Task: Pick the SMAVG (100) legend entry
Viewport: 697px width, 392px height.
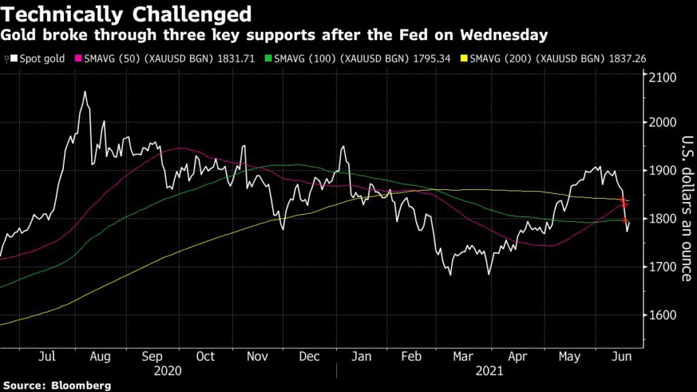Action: (x=338, y=59)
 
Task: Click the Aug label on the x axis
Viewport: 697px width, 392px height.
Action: (x=99, y=356)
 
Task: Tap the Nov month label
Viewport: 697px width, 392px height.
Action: (x=257, y=356)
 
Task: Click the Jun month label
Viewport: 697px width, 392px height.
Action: (x=619, y=356)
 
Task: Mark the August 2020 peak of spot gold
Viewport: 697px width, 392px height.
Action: (x=85, y=92)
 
